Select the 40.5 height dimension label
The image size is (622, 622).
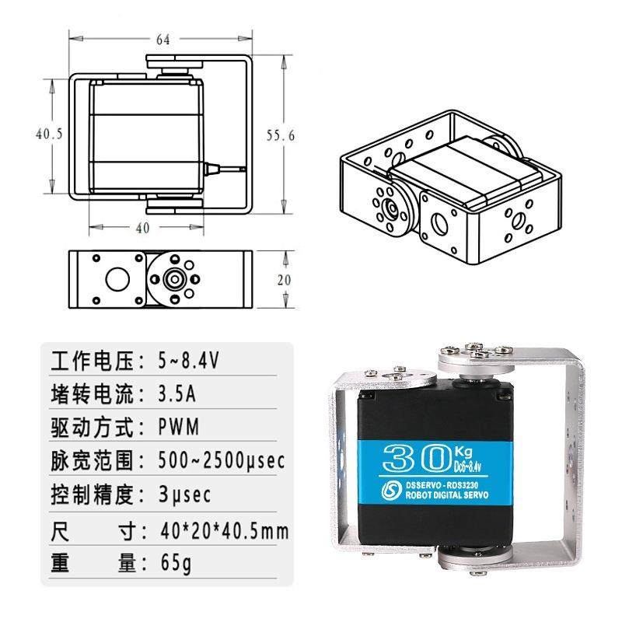pos(48,134)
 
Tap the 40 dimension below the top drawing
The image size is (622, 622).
pos(142,228)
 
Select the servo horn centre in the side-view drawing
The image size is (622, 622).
pos(175,278)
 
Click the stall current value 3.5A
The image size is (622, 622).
pos(176,395)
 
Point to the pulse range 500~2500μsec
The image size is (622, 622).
pos(221,461)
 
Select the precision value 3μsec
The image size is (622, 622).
pos(185,494)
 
